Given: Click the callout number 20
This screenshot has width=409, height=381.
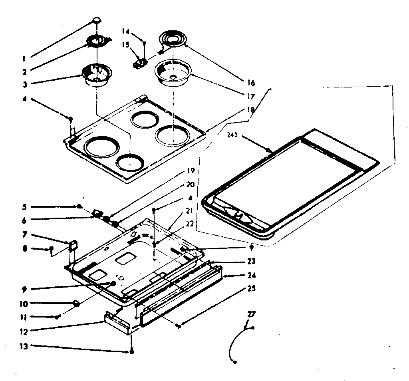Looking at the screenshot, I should (x=190, y=185).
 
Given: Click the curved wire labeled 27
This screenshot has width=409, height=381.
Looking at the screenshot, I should (x=236, y=343).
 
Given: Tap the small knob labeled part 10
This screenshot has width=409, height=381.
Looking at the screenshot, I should (x=77, y=304).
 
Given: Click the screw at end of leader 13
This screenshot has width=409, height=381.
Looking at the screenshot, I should (x=131, y=352).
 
